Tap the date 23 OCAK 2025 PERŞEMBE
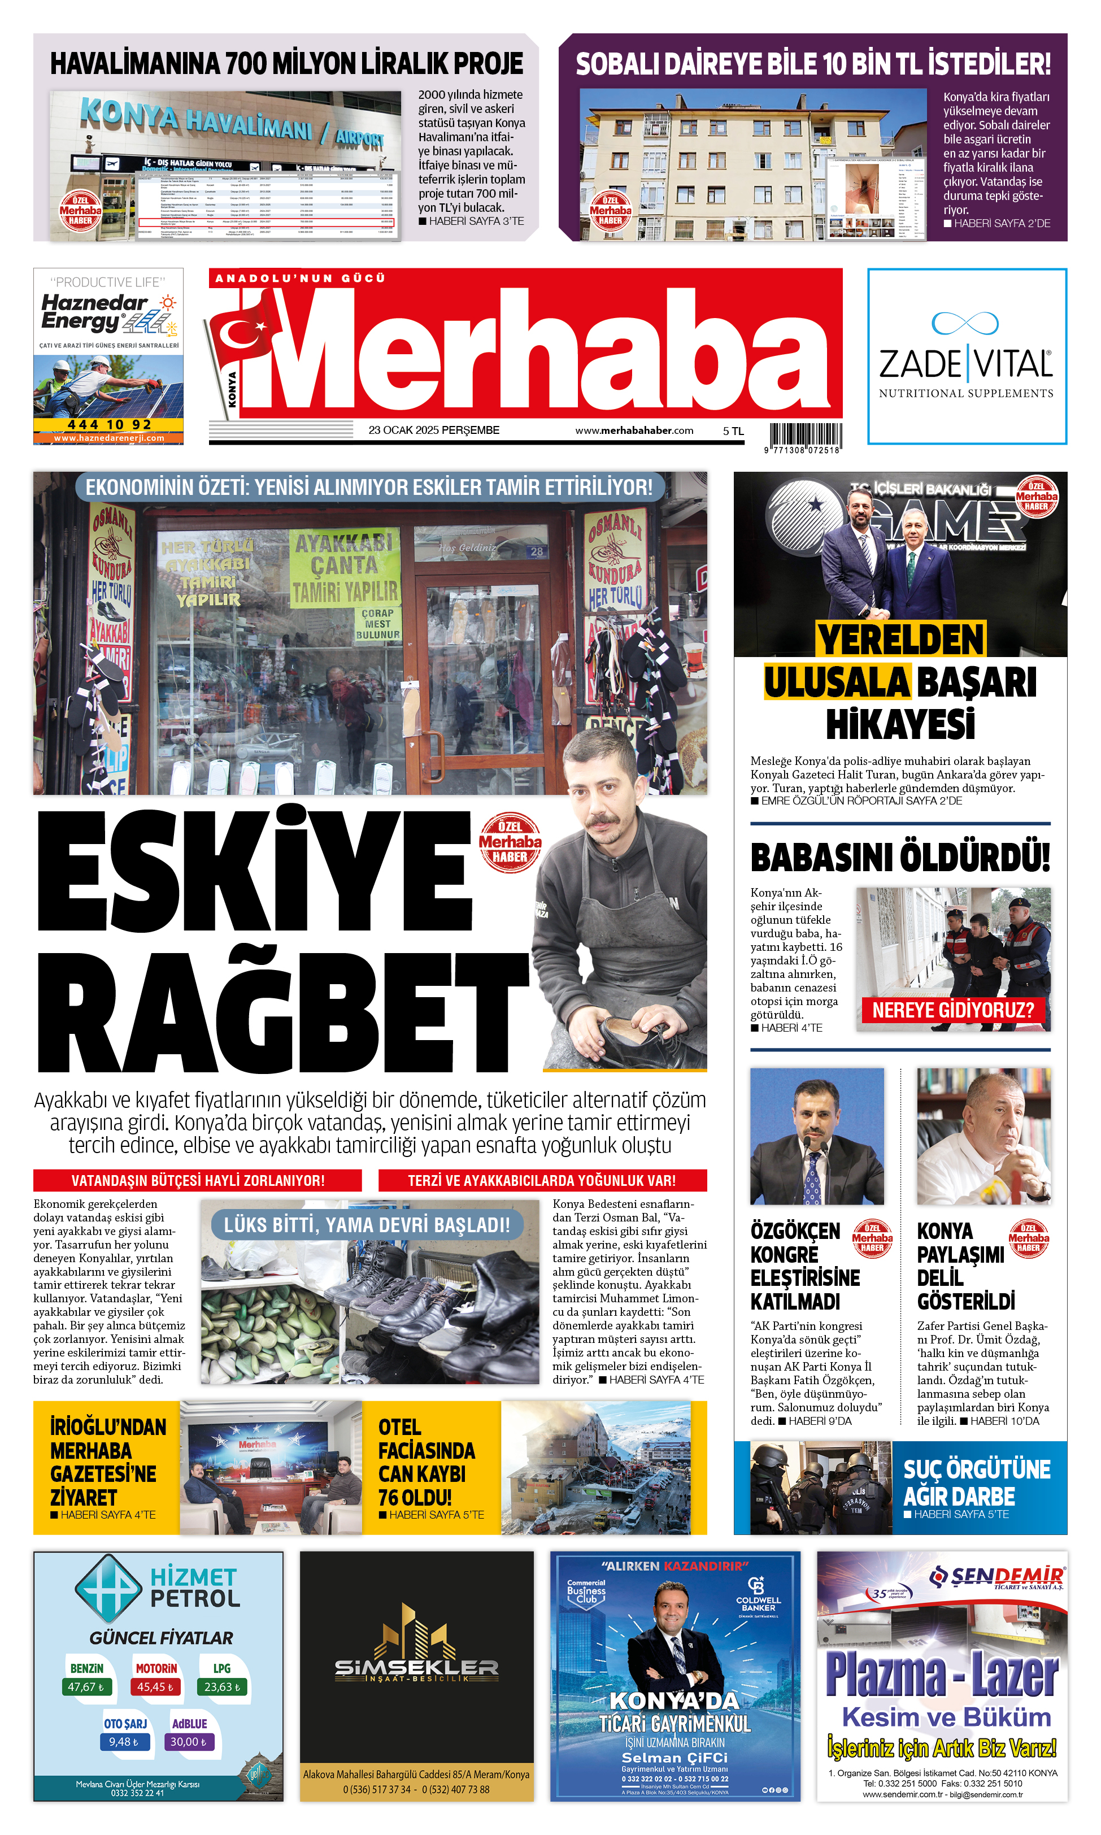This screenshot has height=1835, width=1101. point(434,431)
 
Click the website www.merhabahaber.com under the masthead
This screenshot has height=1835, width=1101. point(634,431)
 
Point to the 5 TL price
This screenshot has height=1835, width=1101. point(733,431)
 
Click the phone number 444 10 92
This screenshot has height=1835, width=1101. point(109,424)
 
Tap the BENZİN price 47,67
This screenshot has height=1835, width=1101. point(86,1686)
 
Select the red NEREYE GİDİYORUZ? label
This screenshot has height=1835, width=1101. point(952,1010)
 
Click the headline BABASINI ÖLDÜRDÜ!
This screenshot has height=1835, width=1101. point(900,858)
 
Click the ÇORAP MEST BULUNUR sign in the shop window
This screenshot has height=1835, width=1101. point(377,624)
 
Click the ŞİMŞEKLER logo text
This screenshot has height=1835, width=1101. point(416,1668)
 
